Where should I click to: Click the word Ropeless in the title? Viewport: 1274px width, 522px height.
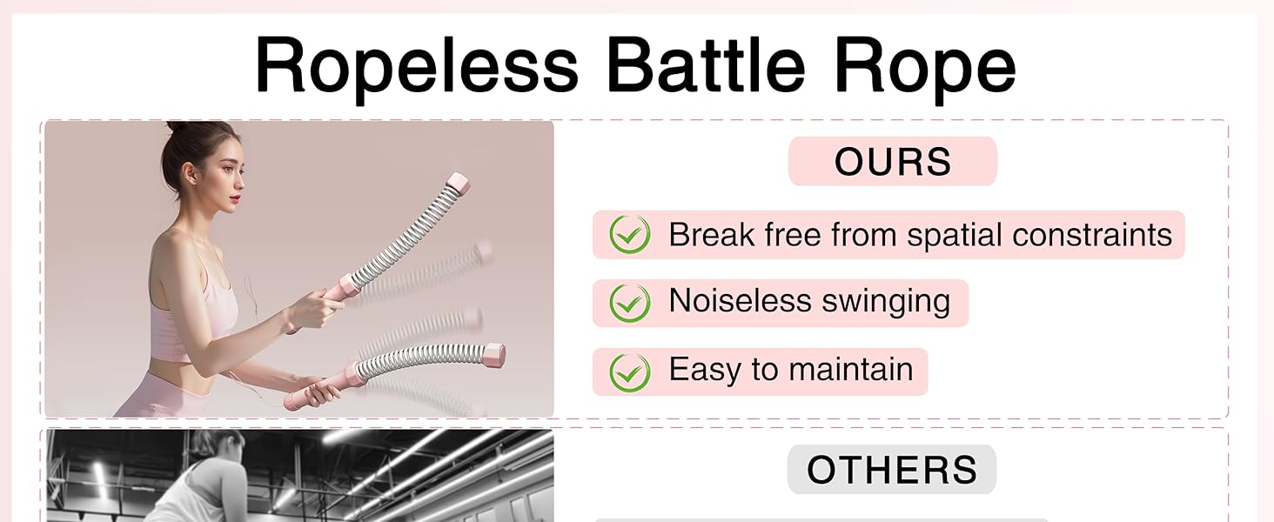point(416,67)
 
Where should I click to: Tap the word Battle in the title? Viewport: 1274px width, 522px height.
point(706,64)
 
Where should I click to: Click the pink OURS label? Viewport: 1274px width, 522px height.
point(892,161)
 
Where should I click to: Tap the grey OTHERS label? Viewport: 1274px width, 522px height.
point(892,469)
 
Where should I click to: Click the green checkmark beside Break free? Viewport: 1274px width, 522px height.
point(630,234)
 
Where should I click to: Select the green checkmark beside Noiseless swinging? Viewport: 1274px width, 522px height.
point(630,303)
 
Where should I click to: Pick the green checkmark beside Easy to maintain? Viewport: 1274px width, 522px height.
point(630,371)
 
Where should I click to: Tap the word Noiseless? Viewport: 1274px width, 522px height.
point(740,300)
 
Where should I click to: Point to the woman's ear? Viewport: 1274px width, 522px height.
point(188,172)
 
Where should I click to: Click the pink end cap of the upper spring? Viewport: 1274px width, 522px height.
point(458,184)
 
